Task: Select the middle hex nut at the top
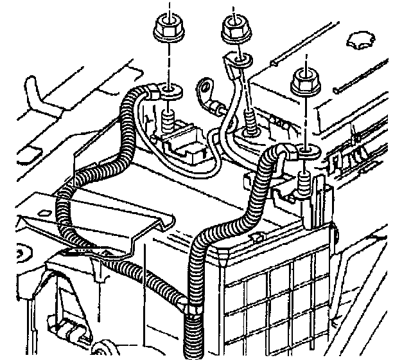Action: coord(234,28)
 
